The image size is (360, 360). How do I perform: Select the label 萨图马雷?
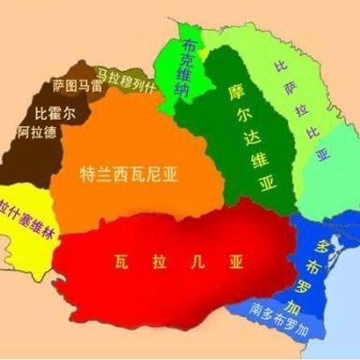click(78, 87)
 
